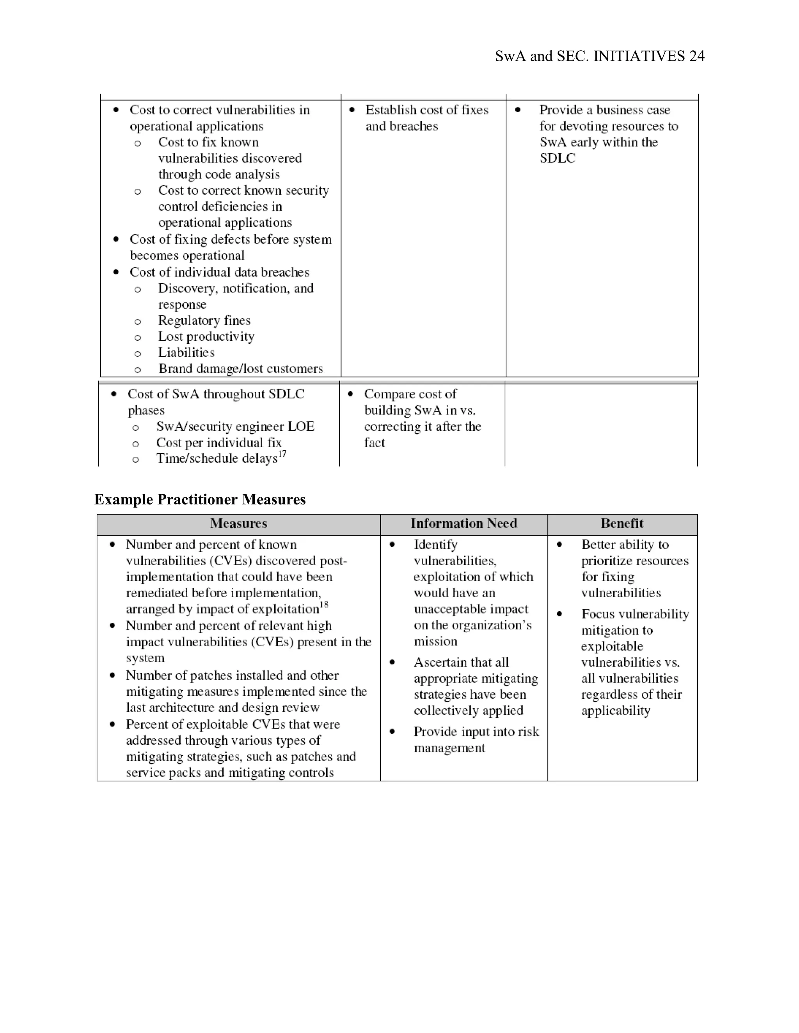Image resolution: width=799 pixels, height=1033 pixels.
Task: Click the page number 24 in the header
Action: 697,56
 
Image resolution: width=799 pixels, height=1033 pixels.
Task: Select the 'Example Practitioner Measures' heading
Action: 200,499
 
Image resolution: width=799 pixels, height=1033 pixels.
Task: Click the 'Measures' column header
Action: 238,523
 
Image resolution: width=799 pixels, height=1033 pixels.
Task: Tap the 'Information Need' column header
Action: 463,523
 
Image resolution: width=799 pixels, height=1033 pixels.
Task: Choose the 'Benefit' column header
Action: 621,523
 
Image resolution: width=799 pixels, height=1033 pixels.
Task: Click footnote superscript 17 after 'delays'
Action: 282,454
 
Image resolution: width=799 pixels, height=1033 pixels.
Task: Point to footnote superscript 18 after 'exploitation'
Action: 324,605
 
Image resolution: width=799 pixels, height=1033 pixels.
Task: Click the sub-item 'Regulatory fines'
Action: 204,321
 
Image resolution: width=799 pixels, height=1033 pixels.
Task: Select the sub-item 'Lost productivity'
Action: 206,337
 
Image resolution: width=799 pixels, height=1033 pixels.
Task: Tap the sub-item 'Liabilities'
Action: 186,353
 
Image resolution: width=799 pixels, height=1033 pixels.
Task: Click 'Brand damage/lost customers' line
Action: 240,369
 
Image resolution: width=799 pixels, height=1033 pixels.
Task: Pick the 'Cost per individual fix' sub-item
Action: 219,443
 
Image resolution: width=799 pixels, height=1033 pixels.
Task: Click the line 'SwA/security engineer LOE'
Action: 235,426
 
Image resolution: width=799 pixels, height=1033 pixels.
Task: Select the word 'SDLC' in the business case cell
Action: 557,158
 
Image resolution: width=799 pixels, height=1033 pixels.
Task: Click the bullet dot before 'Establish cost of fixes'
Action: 352,110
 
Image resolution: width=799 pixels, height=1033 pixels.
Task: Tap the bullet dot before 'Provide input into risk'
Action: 392,732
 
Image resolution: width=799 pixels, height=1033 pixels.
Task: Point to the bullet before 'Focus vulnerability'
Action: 559,614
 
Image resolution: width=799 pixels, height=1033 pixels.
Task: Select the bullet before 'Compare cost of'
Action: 350,394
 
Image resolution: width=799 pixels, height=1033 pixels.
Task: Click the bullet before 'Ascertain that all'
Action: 392,662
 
